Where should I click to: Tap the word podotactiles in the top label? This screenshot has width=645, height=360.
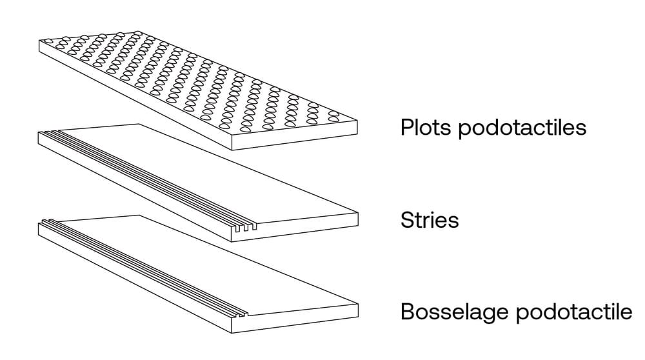[x=522, y=128]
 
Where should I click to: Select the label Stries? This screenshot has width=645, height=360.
[x=430, y=220]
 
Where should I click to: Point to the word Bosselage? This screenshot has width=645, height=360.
[x=454, y=312]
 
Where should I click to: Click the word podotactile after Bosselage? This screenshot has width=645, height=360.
[x=573, y=312]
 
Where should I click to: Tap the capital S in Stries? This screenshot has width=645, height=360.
[x=406, y=220]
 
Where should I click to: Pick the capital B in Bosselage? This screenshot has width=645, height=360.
[x=406, y=312]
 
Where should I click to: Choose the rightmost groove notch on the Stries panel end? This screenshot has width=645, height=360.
[x=254, y=228]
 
